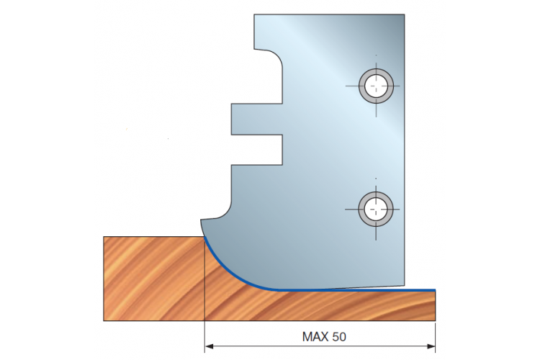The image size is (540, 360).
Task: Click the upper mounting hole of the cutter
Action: coord(376,86)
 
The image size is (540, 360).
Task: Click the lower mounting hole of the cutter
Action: coord(376,209)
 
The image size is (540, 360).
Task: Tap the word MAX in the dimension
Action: coord(315,336)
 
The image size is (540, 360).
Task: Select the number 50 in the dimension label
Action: coord(339,336)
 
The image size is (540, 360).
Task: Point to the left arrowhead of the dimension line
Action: coord(209,346)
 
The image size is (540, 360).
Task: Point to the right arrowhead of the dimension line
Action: coord(431,346)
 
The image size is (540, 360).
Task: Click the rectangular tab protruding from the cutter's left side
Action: coord(256,120)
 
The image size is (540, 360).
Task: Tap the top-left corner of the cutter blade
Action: coord(254,14)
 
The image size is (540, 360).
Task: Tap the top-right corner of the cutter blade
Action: coord(405,14)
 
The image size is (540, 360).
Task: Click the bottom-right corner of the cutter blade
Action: coord(405,285)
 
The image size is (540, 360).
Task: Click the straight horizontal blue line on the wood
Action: coord(357,290)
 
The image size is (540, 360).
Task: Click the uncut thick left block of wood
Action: coord(154,279)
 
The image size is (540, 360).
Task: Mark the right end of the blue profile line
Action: coord(436,290)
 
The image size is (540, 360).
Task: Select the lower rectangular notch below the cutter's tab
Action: coord(257,150)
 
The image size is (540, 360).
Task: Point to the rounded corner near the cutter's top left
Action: coord(274,56)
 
